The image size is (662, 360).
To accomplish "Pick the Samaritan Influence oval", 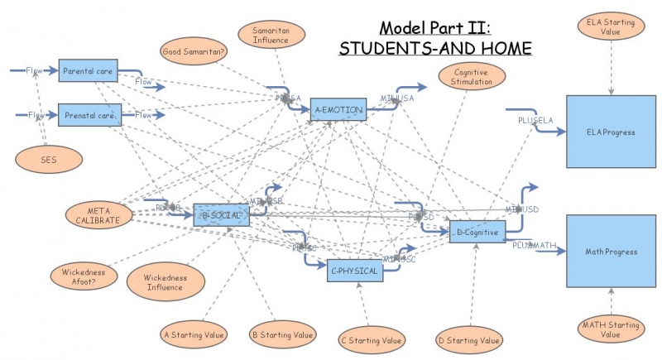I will pos(270,35).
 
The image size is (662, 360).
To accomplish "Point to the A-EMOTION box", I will pos(338,108).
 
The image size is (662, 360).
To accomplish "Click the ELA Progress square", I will pos(612,131).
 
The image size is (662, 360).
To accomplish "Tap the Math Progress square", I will pos(612,250).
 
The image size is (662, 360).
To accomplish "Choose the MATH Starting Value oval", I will pos(611,329).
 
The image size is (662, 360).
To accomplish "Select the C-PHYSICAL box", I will pos(355,271).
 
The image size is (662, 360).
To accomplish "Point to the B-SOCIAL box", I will pos(221,215).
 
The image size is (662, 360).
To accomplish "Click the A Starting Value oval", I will pos(192,334).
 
